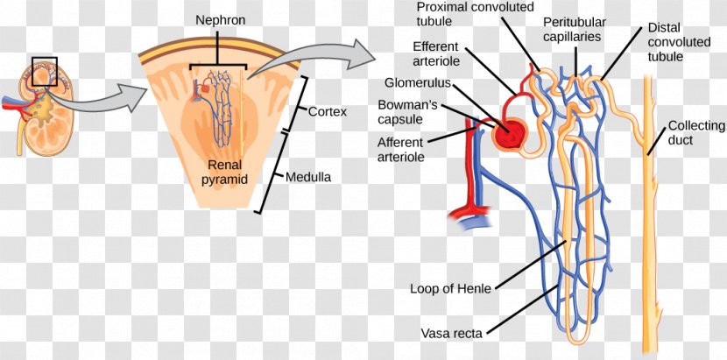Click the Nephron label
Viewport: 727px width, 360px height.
[x=221, y=21]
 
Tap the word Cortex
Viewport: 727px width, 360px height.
[x=328, y=112]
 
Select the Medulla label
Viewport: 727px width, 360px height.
[x=307, y=177]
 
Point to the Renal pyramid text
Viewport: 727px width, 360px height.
[x=225, y=171]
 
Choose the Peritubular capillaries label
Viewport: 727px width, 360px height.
[x=574, y=29]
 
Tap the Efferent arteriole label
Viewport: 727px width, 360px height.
[x=435, y=53]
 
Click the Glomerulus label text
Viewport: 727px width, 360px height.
[x=418, y=82]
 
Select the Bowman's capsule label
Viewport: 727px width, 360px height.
[x=407, y=112]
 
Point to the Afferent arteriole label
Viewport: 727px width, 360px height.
[x=400, y=149]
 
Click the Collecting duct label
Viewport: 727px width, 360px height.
[x=695, y=131]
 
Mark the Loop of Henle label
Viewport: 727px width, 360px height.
[x=450, y=288]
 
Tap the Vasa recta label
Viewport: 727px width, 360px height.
[x=451, y=333]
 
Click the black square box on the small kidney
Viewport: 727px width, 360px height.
[x=45, y=72]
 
